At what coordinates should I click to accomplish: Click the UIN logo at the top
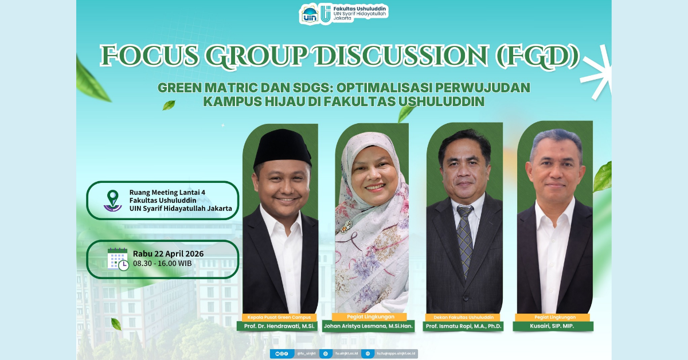(x=310, y=14)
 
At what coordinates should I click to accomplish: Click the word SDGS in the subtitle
(x=312, y=88)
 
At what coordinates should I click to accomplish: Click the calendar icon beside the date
(x=118, y=259)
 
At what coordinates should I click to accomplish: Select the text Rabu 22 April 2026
(x=168, y=254)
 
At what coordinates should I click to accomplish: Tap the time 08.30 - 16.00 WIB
(x=162, y=264)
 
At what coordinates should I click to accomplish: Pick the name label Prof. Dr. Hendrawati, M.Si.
(x=279, y=326)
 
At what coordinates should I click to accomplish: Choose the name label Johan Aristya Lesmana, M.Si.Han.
(x=369, y=326)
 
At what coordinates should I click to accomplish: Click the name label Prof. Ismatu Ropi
(x=463, y=326)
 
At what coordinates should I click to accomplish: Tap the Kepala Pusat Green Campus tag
(x=279, y=317)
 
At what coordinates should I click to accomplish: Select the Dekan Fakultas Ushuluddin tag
(x=463, y=317)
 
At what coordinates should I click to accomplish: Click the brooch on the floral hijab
(x=345, y=228)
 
